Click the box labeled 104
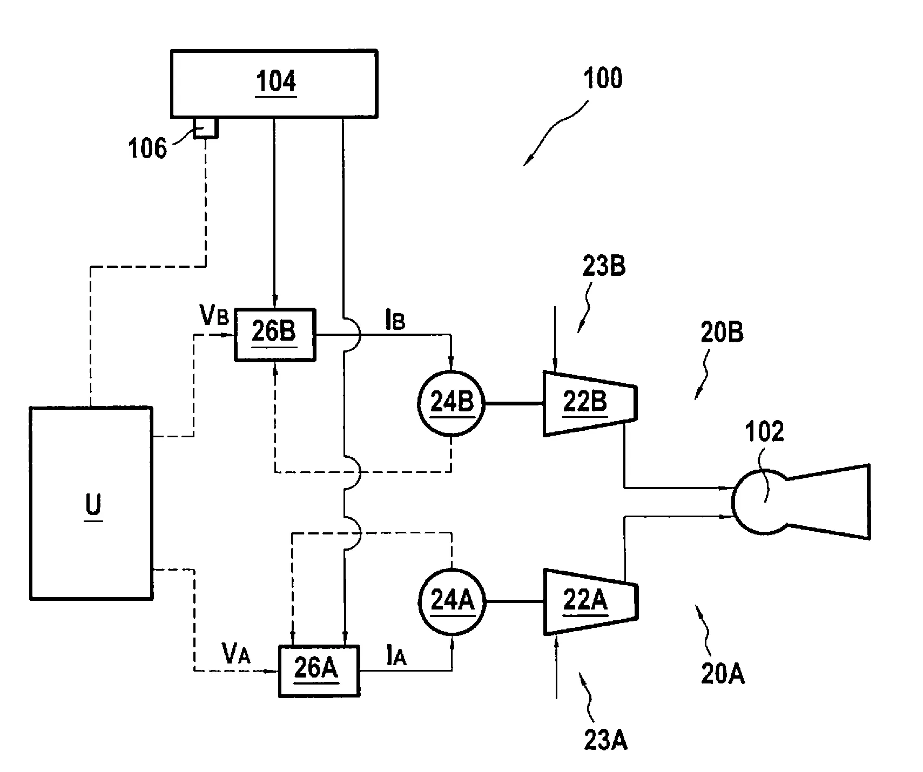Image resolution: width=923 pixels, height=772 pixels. pyautogui.click(x=274, y=84)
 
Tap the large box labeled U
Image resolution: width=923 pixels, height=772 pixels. pyautogui.click(x=91, y=503)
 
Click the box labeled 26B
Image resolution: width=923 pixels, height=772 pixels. pyautogui.click(x=274, y=334)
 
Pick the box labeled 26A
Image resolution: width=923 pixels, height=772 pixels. pyautogui.click(x=318, y=670)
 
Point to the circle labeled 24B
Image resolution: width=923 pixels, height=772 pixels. pyautogui.click(x=452, y=403)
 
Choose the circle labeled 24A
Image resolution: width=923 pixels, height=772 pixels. pyautogui.click(x=452, y=601)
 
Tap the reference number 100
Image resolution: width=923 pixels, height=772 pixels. pyautogui.click(x=603, y=79)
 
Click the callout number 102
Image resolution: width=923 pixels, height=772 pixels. pyautogui.click(x=764, y=433)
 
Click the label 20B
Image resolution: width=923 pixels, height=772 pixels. pyautogui.click(x=722, y=333)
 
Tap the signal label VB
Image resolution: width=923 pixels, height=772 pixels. pyautogui.click(x=215, y=317)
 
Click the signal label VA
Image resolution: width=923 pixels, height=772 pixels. pyautogui.click(x=236, y=654)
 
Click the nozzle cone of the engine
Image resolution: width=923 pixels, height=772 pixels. pyautogui.click(x=832, y=502)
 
